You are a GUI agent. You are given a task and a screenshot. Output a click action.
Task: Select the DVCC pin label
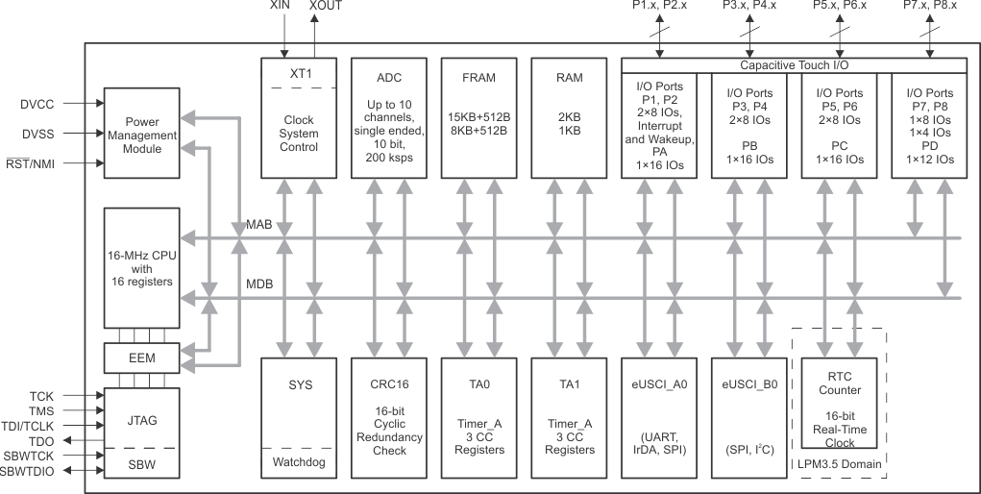(x=38, y=102)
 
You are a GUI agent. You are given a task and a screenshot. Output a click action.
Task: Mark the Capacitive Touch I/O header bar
(x=794, y=65)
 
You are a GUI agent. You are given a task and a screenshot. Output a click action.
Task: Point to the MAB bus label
(x=258, y=225)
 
